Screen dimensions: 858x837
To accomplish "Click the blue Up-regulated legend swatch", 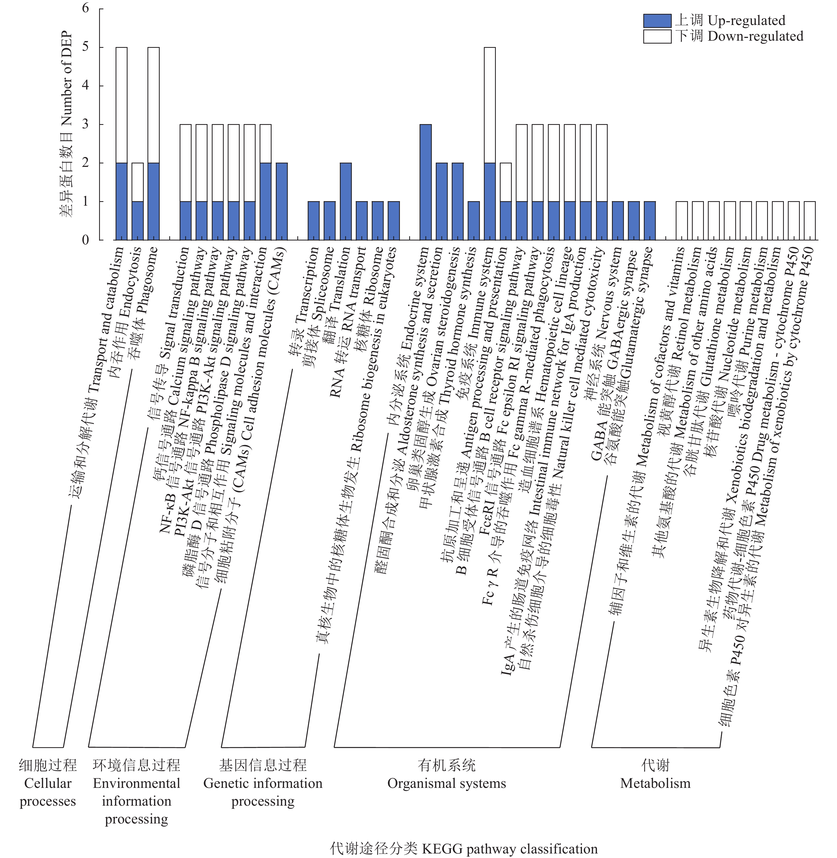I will [657, 21].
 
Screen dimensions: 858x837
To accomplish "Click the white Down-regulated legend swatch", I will [657, 36].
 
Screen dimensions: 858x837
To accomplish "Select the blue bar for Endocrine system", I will [425, 182].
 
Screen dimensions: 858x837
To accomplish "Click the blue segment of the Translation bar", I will [345, 201].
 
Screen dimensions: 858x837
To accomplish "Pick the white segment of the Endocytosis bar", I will [138, 182].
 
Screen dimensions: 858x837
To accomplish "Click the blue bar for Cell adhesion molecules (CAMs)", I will [282, 201].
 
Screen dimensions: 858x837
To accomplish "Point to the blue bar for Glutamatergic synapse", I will [650, 221].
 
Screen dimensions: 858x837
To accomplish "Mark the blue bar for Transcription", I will [314, 221].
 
